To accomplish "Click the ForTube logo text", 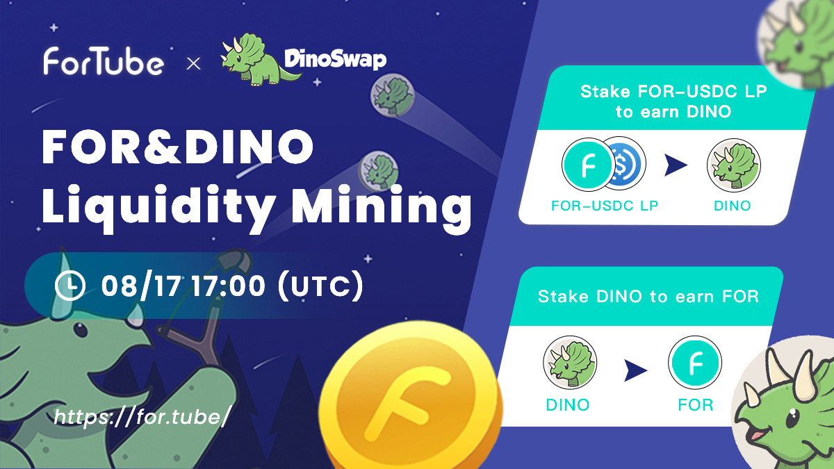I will coord(104,61).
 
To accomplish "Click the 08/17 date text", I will coord(131,286).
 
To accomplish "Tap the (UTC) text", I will coord(320,286).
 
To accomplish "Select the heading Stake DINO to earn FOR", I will coord(648,297).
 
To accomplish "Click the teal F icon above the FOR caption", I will coord(695,364).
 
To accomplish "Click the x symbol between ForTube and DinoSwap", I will coord(194,64).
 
